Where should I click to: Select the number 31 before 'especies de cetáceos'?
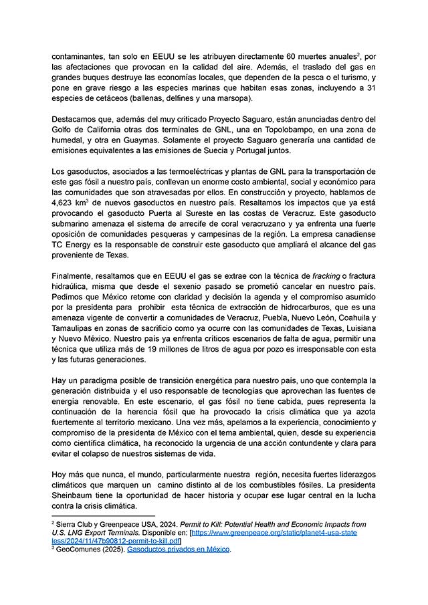click(x=370, y=88)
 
